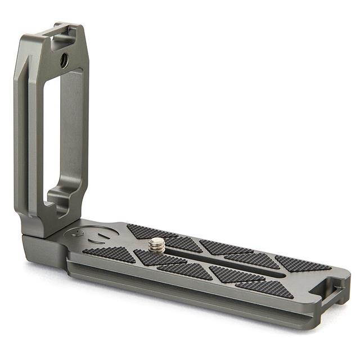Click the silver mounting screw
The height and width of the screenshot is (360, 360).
(x=157, y=245)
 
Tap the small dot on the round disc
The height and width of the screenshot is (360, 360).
(x=80, y=232)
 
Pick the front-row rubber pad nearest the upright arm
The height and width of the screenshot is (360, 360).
(x=110, y=255)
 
